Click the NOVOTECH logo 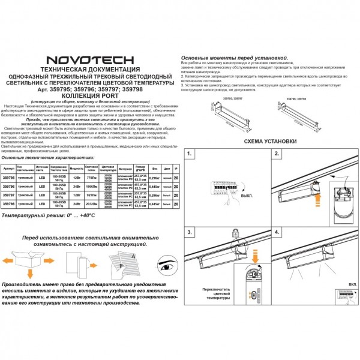point(90,60)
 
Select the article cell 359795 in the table point(9,178)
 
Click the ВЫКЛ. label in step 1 point(247,196)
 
